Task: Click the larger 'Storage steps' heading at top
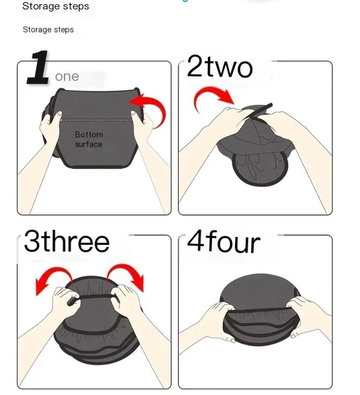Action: [56, 7]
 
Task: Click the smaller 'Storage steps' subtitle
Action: [48, 30]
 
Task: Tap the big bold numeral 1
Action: [38, 68]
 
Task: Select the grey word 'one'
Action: [67, 77]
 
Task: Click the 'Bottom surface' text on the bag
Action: [88, 140]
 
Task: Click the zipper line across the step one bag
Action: [95, 120]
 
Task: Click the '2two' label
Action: [220, 68]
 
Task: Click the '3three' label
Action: [67, 242]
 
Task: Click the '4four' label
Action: [224, 242]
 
